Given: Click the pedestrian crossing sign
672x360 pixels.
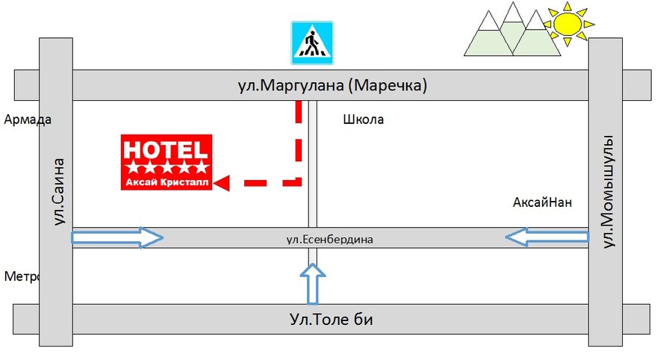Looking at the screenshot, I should (x=312, y=43).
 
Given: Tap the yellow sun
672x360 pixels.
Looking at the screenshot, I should (x=567, y=23).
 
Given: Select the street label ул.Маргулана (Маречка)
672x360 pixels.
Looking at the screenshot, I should (x=332, y=86).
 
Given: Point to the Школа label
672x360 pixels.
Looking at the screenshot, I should (x=364, y=119).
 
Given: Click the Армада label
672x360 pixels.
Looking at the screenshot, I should (x=28, y=119).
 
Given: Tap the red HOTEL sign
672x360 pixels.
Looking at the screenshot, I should (x=167, y=162).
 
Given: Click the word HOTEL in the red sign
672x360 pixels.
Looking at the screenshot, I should (x=167, y=147).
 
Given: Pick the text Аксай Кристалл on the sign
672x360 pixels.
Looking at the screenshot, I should (x=167, y=181).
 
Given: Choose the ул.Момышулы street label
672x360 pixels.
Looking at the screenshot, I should (x=606, y=191).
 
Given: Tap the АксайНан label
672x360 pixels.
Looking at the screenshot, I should (x=542, y=202).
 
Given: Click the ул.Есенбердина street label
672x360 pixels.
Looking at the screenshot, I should (x=329, y=240).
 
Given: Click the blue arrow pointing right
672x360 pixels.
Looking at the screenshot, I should (x=117, y=238).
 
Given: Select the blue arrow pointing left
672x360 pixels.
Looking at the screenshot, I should (x=547, y=238).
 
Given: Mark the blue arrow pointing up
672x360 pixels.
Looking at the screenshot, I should (x=313, y=284).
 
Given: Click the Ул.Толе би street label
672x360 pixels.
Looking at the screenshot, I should (x=331, y=320).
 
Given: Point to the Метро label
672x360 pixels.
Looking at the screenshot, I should (x=21, y=276).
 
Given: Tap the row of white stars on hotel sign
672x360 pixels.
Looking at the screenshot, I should (x=167, y=166).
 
